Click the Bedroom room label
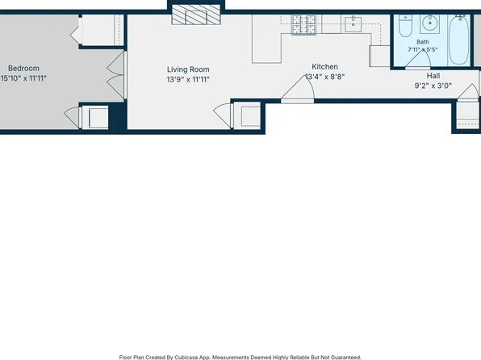[23, 68]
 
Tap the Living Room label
[188, 69]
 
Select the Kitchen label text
[325, 67]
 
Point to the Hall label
[433, 76]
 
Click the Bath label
[423, 42]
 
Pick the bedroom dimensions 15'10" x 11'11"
[23, 78]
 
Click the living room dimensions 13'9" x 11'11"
[188, 79]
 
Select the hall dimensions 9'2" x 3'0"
[433, 86]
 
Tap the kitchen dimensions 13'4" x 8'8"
[325, 77]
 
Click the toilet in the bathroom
[405, 26]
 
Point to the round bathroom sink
[430, 23]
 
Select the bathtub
[458, 40]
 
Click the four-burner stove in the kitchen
[303, 24]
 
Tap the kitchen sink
[353, 24]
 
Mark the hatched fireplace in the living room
[196, 15]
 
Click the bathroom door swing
[418, 60]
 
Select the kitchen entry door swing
[297, 89]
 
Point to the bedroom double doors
[116, 76]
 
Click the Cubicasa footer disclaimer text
[240, 358]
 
